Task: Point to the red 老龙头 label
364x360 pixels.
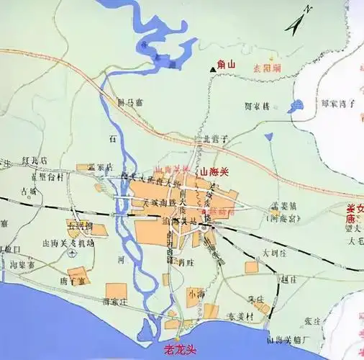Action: click(x=180, y=351)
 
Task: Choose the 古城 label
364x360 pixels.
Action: click(x=29, y=192)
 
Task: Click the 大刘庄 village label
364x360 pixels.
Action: click(x=274, y=253)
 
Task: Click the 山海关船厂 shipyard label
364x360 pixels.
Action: click(x=288, y=338)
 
